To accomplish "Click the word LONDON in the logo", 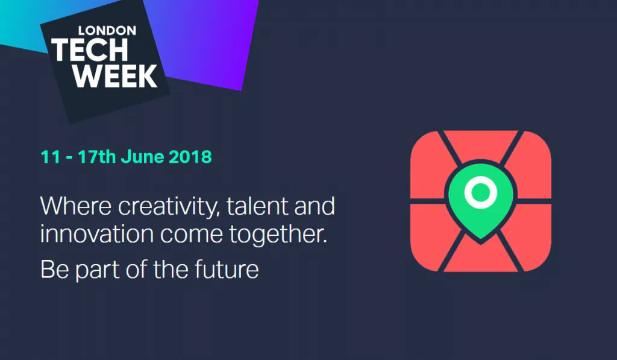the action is click(x=107, y=31).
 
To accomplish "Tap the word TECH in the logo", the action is click(x=90, y=49).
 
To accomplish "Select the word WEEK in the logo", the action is click(x=115, y=75).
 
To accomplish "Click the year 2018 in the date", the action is click(x=190, y=157).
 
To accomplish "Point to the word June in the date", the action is click(x=142, y=157).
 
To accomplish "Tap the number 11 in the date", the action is click(x=51, y=157).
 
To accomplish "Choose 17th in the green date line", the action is click(x=96, y=157).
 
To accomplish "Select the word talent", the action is click(x=257, y=206).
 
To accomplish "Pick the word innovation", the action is click(x=97, y=234).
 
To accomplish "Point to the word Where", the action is click(x=75, y=206).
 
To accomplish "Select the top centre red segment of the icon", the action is click(x=481, y=145).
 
